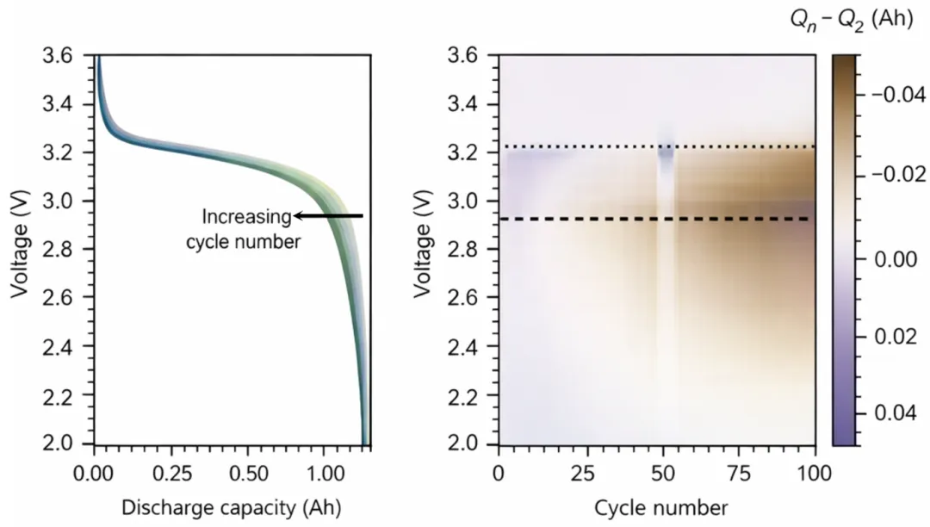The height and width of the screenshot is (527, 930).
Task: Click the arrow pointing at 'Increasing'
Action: (x=329, y=216)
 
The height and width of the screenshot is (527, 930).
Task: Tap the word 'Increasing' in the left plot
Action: (x=247, y=217)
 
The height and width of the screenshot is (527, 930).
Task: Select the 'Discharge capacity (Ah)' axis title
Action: (x=232, y=507)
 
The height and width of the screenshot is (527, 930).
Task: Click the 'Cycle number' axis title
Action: (x=660, y=508)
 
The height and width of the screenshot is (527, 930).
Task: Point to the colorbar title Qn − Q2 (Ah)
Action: (x=852, y=20)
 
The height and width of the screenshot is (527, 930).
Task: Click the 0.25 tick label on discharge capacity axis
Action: (x=172, y=474)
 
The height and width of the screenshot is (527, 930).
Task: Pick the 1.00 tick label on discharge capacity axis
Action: (x=325, y=474)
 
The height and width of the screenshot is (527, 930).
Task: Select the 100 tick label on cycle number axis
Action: (x=815, y=474)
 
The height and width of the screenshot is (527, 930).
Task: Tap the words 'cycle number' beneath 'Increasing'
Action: (x=243, y=242)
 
